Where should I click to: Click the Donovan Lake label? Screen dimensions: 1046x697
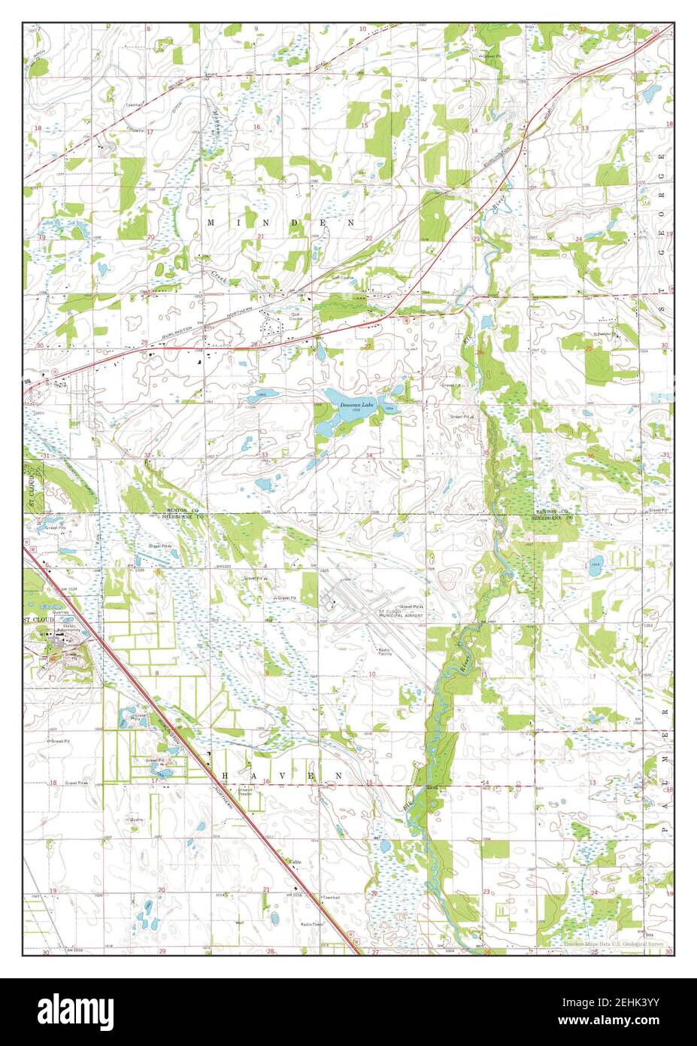356,406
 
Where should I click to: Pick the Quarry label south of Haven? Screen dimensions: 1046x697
136,819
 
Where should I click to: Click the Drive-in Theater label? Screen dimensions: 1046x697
246,792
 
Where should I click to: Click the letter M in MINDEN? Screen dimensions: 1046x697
211,223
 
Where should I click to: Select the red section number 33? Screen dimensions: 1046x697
265,455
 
